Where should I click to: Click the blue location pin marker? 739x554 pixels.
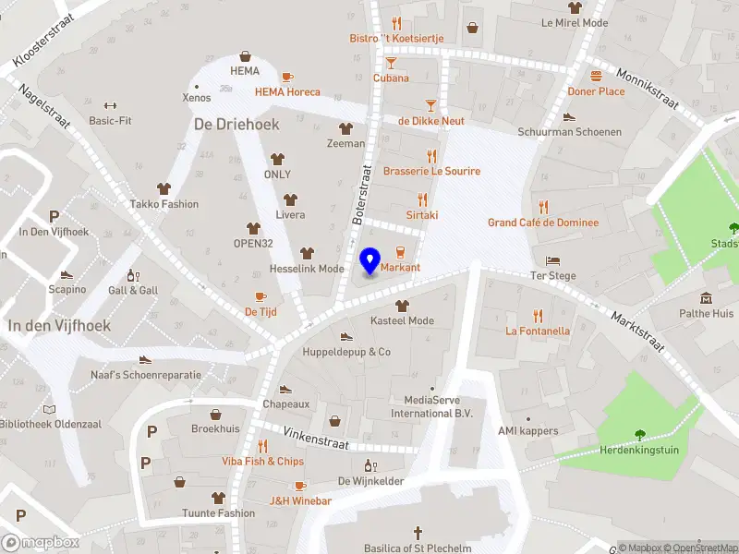point(369,261)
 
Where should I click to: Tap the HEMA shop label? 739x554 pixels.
point(245,71)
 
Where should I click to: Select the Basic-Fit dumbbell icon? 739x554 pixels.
point(110,105)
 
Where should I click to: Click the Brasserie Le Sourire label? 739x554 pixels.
point(431,171)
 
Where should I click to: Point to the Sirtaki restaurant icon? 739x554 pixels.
point(423,199)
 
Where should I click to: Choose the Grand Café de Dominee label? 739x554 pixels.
point(543,223)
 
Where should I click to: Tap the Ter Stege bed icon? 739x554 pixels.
point(553,261)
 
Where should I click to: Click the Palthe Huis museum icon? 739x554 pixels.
point(707,298)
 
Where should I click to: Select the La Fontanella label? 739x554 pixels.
point(538,331)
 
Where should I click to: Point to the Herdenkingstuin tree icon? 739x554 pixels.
point(639,434)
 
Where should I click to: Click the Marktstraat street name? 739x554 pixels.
point(637,330)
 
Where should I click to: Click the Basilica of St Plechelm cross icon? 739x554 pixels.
point(418,533)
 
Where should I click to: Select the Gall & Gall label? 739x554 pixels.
point(133,290)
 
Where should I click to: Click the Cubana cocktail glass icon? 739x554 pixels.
point(391,63)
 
